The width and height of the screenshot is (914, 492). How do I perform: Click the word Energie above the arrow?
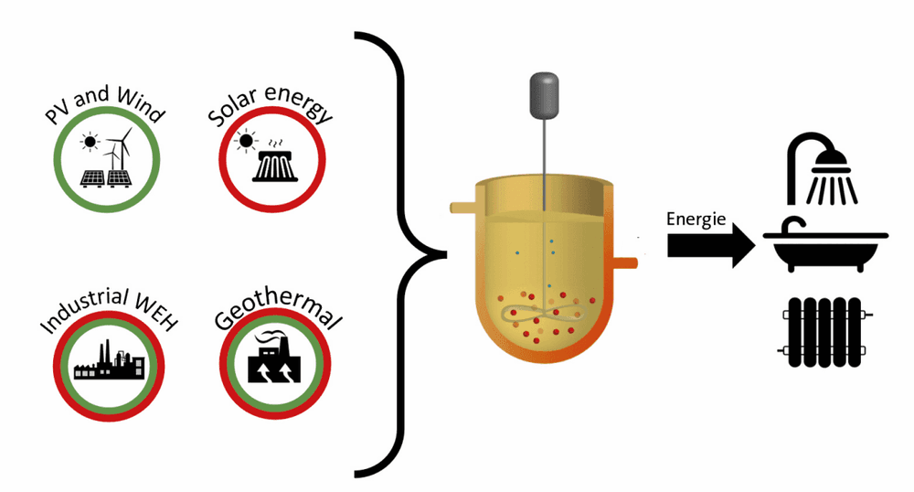coord(696,219)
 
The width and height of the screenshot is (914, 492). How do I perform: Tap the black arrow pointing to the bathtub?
coord(711,245)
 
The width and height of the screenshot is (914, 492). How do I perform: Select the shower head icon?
coord(823,169)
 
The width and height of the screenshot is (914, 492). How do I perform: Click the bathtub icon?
coord(825,244)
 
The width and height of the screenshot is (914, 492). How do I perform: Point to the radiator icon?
coord(824,332)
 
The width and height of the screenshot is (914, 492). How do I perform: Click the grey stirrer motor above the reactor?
coord(544,96)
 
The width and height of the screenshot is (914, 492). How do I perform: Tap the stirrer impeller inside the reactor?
coord(542,316)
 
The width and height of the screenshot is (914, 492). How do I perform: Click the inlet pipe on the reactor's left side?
coord(464,208)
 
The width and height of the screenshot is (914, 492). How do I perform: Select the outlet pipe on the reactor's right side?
coord(625,262)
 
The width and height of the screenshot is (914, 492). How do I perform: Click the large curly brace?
coord(401,255)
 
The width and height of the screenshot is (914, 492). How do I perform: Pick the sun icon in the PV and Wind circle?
coord(90,142)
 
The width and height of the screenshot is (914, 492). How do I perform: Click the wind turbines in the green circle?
coord(119,149)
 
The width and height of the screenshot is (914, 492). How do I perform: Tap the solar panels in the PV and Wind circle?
coord(105,178)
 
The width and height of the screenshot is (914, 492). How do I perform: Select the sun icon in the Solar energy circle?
coord(246,141)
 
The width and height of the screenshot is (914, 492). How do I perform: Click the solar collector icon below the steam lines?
coord(274,166)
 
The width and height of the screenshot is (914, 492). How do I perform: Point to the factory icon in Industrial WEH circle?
coord(109,361)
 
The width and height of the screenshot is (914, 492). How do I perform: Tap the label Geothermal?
coord(278,309)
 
